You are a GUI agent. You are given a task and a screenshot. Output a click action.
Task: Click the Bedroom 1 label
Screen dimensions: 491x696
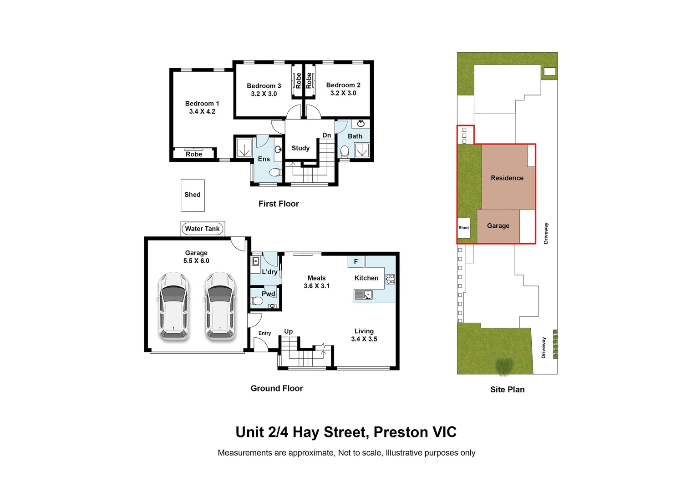pos(202,104)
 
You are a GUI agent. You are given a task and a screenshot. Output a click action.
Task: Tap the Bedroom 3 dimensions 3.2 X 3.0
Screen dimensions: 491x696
pos(264,94)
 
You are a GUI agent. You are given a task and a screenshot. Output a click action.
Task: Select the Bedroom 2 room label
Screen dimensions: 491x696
pos(343,85)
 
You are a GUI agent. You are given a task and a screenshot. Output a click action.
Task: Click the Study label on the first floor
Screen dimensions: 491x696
pos(300,148)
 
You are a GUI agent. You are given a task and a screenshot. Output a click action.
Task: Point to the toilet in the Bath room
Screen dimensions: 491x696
pos(345,152)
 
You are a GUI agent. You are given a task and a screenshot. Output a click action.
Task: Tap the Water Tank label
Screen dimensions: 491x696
pos(202,229)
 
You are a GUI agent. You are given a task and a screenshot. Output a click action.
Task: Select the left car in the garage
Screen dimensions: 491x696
pos(173,306)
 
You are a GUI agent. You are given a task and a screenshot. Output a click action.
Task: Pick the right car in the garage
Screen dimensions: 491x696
pos(220,306)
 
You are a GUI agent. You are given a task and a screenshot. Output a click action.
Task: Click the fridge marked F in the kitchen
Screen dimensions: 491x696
pos(356,261)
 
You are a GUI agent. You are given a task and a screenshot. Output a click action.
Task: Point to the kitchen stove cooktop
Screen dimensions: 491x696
pos(390,279)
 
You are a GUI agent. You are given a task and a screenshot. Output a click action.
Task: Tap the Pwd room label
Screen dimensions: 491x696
pos(268,294)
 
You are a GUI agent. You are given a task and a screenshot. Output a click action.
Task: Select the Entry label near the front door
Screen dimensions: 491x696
pos(264,333)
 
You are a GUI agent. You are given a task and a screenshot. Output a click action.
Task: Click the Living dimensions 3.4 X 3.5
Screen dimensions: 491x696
pos(364,339)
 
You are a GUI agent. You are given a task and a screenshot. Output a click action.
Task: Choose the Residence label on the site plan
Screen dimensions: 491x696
pos(507,178)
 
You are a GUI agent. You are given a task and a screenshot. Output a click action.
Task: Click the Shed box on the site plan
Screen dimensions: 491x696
pos(463,228)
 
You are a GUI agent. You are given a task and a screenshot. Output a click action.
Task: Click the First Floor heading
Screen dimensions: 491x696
pos(279,204)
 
